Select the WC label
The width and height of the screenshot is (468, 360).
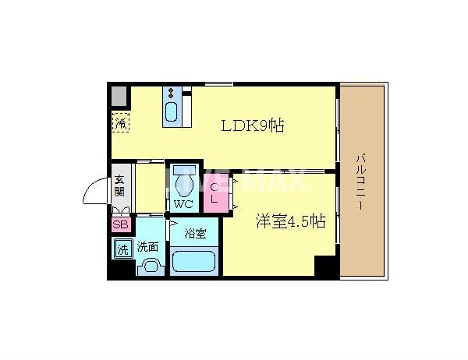point(183,205)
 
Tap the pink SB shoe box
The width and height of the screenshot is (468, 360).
point(120,224)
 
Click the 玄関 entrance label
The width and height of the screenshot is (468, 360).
point(119,185)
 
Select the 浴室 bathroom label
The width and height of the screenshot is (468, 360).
point(195,232)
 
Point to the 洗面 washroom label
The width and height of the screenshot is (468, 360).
point(148,247)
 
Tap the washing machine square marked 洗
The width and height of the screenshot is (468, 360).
point(122,250)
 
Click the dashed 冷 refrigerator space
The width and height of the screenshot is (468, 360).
point(120,122)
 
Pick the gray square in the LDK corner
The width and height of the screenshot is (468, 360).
point(119,96)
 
